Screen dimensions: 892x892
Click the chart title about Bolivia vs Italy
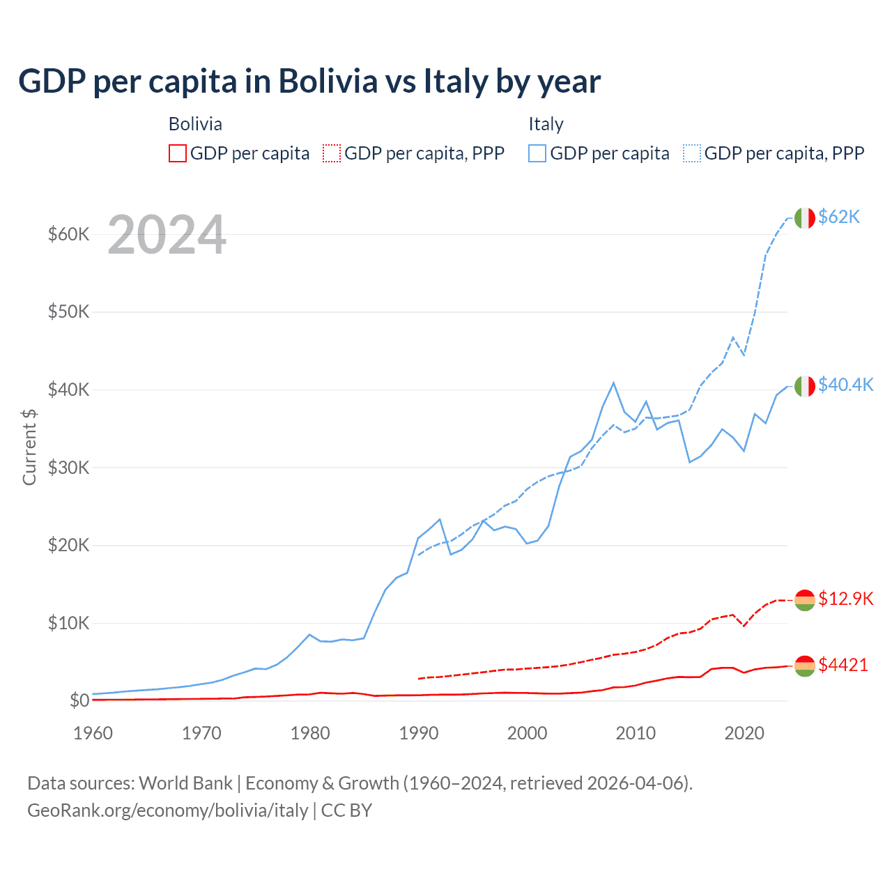(309, 82)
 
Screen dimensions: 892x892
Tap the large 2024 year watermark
(167, 236)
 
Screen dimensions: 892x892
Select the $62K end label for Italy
(839, 217)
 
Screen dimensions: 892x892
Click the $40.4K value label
(845, 385)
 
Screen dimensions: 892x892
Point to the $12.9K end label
(845, 599)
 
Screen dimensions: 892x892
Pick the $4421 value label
(843, 665)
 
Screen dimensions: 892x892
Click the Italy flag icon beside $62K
(805, 218)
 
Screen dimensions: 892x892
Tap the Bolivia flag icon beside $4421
(805, 666)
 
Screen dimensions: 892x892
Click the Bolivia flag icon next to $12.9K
(805, 600)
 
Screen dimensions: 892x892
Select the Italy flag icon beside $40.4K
(805, 386)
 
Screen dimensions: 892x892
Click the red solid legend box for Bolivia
(178, 153)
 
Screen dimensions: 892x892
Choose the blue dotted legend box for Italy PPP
(692, 153)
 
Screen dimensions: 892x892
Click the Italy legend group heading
(546, 124)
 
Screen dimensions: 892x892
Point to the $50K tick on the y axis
(69, 312)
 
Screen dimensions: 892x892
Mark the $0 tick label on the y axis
(79, 700)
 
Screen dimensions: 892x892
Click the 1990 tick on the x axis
(419, 733)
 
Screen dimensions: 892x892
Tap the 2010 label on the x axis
(636, 733)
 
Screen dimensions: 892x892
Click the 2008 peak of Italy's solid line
(613, 383)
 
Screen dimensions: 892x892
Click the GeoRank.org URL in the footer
(167, 810)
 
